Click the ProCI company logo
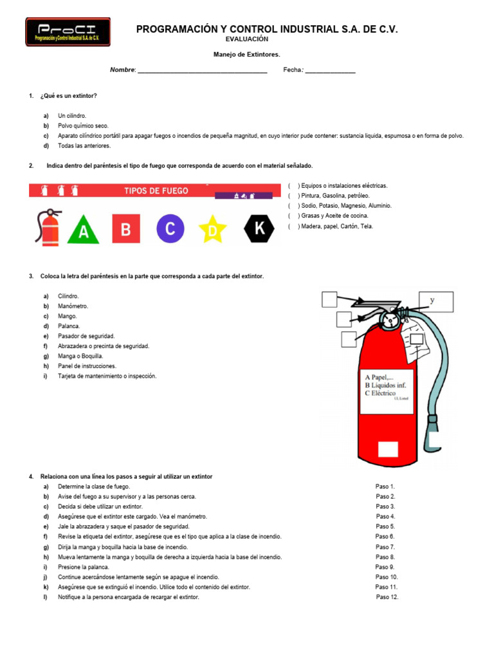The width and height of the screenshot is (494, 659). [x=68, y=32]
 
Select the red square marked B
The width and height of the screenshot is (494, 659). [x=126, y=228]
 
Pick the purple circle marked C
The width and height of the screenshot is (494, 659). [x=170, y=228]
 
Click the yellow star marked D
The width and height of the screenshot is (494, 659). [x=212, y=229]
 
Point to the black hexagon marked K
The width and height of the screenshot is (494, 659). [x=259, y=228]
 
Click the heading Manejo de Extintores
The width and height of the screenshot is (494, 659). [x=247, y=55]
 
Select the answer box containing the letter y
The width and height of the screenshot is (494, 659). [x=437, y=301]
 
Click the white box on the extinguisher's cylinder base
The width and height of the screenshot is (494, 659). [x=388, y=449]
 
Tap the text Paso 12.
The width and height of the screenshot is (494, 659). [x=387, y=597]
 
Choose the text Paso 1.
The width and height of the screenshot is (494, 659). [x=385, y=487]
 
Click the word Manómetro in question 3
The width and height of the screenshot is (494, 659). [x=73, y=306]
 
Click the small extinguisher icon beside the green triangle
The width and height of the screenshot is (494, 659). [x=50, y=227]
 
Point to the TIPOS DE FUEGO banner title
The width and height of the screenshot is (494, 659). [x=156, y=190]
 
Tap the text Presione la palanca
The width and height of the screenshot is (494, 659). [x=84, y=567]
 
